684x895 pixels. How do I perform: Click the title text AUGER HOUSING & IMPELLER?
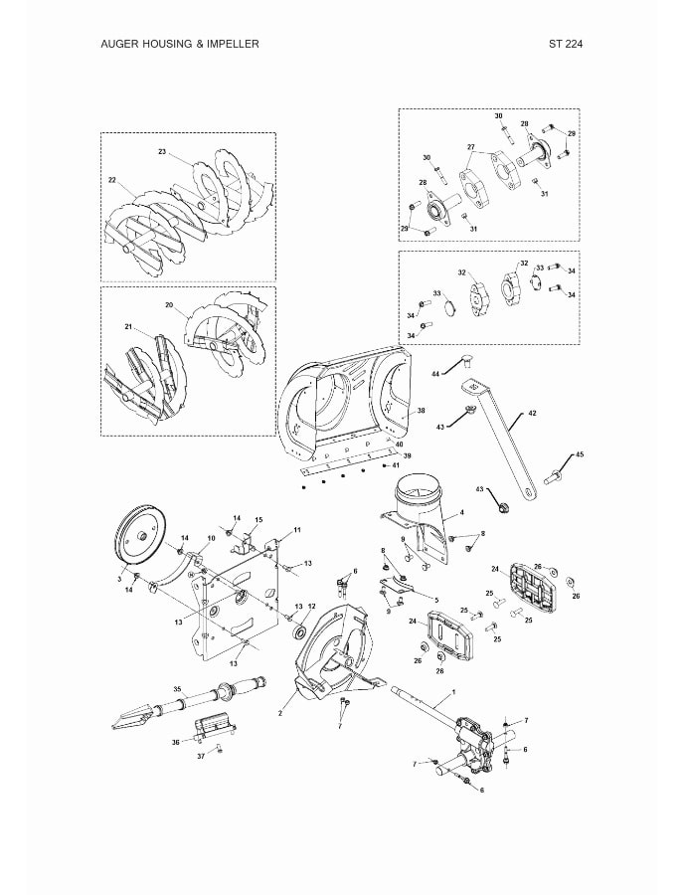180,44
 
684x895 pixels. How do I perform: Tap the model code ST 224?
565,44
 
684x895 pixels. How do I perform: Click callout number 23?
162,152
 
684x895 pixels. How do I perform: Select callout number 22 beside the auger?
112,180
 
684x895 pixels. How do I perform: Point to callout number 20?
169,304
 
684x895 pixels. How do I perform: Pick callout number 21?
128,326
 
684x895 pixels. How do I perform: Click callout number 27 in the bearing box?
471,147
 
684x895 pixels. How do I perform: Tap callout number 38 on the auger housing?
422,410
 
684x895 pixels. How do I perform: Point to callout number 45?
580,454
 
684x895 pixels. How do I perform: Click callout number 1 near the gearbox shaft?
453,690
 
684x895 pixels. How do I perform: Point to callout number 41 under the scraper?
396,465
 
